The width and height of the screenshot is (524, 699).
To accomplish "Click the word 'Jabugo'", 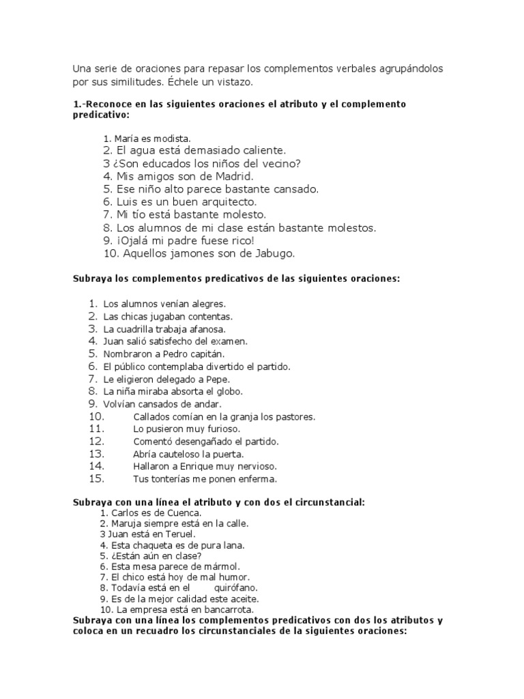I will coord(253,253).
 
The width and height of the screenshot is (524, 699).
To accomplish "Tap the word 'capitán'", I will coord(203,354).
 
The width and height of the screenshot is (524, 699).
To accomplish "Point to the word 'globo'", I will coord(229,392).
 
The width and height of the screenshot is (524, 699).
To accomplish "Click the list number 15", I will coord(96,479).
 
